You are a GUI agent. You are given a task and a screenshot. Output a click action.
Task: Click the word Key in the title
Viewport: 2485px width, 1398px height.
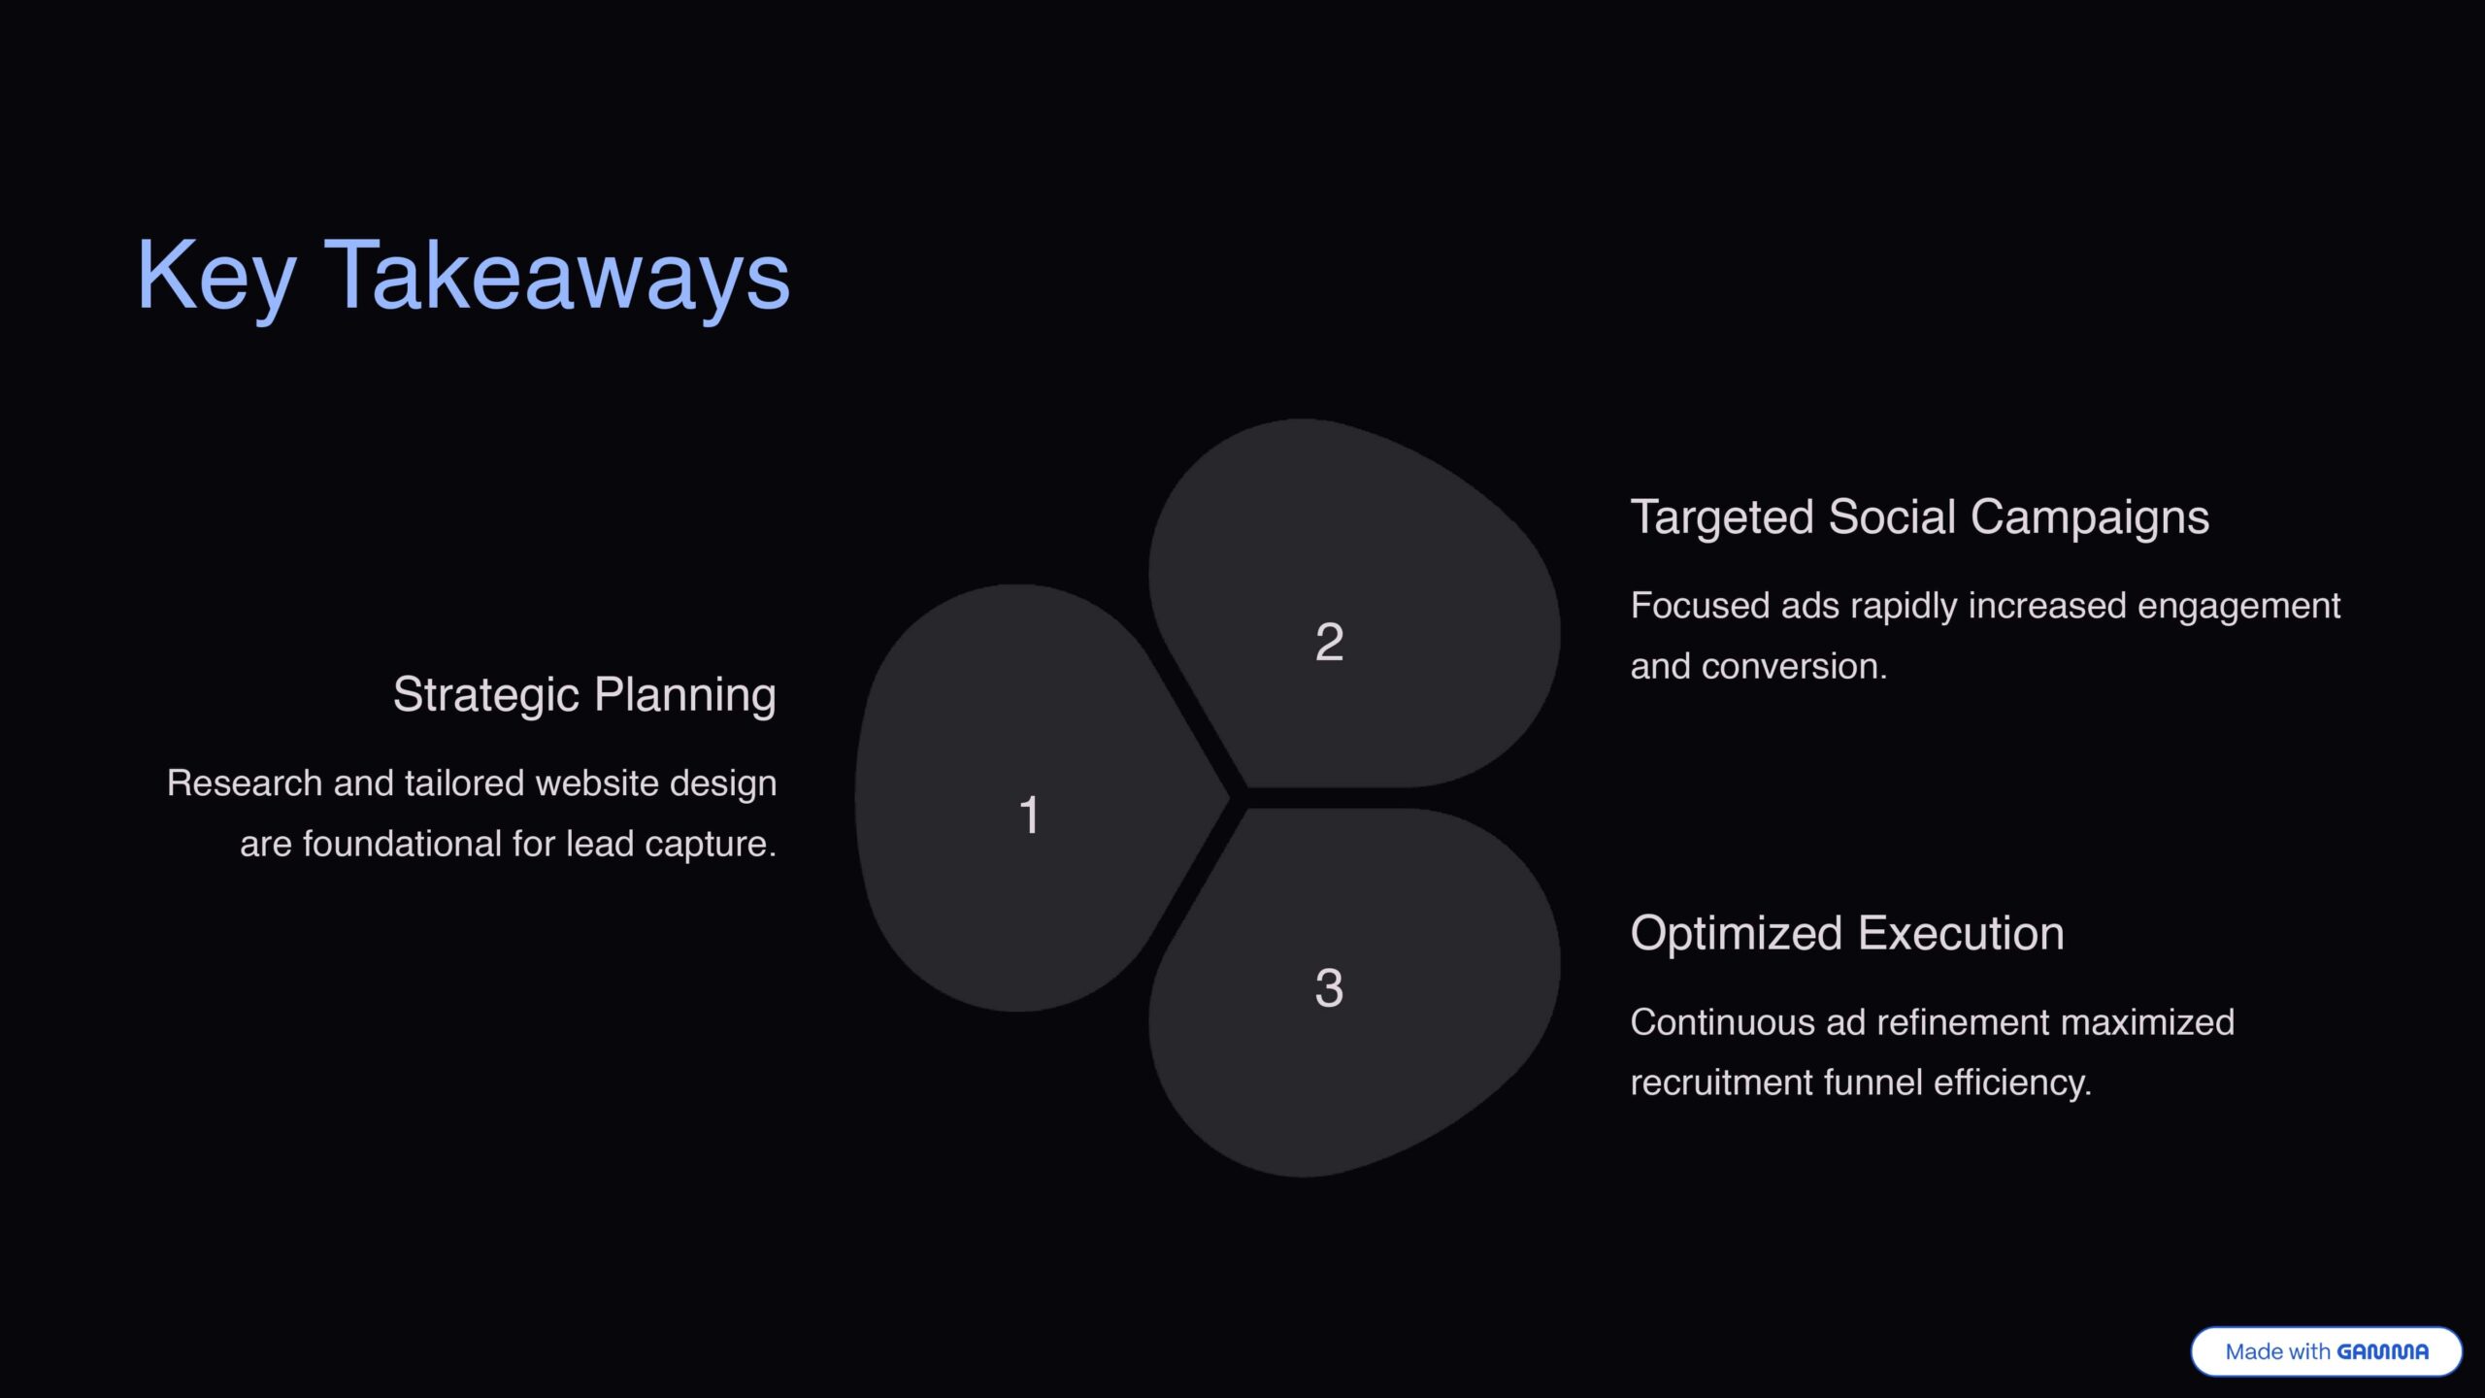(x=215, y=278)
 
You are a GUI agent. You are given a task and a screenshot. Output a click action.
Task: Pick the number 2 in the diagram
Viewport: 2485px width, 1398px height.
(x=1329, y=642)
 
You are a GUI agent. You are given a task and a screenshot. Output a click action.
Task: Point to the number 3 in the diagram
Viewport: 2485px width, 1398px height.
(x=1329, y=988)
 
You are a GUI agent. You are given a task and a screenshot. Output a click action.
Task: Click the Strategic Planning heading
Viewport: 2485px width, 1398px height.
(x=584, y=695)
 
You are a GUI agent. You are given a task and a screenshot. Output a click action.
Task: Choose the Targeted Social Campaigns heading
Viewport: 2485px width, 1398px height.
(x=1919, y=517)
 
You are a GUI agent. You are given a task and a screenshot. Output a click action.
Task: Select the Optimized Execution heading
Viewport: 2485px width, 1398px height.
(x=1847, y=934)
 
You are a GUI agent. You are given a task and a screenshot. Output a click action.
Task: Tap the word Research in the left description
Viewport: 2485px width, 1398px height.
(x=245, y=783)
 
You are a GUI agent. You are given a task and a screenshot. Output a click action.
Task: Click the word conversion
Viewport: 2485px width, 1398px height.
(x=1794, y=667)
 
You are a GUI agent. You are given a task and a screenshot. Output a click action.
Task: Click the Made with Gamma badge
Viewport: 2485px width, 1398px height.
(x=2326, y=1351)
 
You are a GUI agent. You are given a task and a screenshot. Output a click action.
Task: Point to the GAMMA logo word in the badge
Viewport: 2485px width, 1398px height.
(x=2382, y=1351)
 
